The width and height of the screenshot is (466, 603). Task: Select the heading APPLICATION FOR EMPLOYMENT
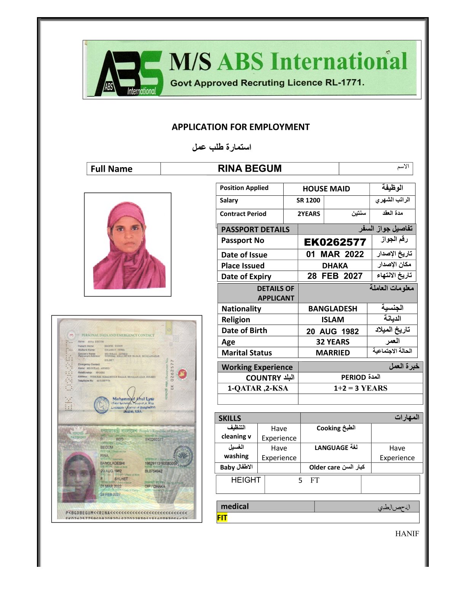(241, 127)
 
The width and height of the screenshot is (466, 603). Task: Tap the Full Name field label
(112, 169)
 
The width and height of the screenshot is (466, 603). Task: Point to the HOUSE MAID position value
(326, 189)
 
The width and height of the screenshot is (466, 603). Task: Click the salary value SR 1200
(308, 201)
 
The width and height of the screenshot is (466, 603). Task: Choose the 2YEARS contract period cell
(308, 214)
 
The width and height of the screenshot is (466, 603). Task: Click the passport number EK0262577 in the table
(335, 242)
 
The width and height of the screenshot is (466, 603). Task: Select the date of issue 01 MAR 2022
(335, 254)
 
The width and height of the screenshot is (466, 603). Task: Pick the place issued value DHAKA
(335, 266)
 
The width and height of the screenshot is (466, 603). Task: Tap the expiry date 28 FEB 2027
(335, 276)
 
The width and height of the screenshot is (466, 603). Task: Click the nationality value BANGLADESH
(332, 309)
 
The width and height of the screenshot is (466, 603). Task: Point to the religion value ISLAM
(332, 320)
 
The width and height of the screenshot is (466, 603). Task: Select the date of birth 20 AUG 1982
(332, 331)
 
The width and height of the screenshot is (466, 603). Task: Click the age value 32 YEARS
(332, 342)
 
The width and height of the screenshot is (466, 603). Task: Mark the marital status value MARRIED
(332, 353)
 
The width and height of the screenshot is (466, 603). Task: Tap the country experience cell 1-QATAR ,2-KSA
(258, 388)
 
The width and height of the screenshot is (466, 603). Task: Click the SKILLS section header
(230, 418)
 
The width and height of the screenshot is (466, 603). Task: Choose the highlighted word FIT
(222, 518)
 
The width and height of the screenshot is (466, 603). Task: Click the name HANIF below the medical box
(407, 534)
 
